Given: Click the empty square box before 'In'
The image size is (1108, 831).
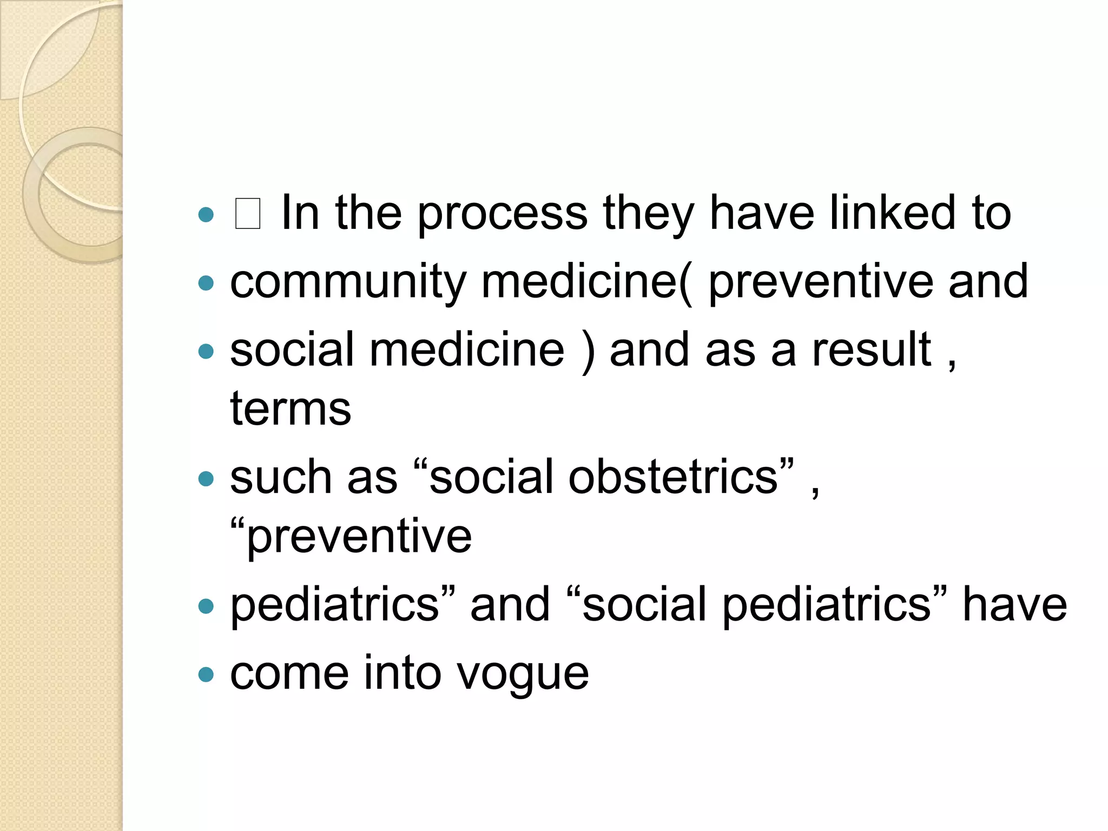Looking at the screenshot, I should [248, 214].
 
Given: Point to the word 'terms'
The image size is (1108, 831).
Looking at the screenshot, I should [291, 408].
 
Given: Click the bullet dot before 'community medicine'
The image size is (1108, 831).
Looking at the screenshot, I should [206, 283].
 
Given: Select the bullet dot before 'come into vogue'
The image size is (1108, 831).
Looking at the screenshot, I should [206, 674].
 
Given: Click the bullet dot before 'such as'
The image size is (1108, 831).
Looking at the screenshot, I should [206, 479].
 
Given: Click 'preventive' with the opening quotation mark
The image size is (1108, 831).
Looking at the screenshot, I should [351, 537].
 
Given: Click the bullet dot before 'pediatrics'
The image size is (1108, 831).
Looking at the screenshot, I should [206, 606].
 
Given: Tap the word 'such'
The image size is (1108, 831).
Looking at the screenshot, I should [280, 477].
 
